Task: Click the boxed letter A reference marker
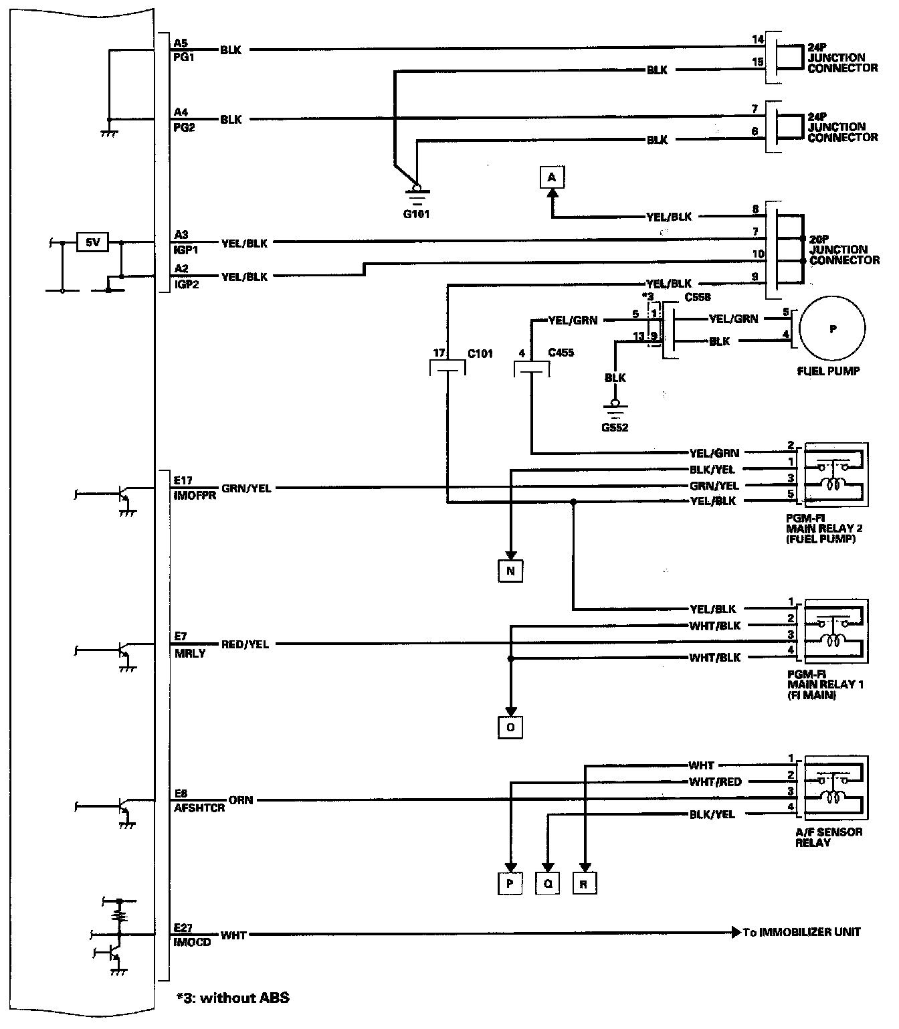[x=551, y=177]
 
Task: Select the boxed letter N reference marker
[x=510, y=571]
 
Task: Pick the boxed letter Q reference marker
[x=547, y=884]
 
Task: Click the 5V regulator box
[x=92, y=242]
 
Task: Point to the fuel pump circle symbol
[x=832, y=329]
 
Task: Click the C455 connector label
[x=561, y=353]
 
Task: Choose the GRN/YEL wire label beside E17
[x=246, y=488]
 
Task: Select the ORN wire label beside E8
[x=241, y=800]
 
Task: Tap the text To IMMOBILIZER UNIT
[x=801, y=932]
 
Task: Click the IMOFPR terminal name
[x=194, y=496]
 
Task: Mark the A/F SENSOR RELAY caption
[x=828, y=837]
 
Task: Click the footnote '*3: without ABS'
[x=232, y=998]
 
